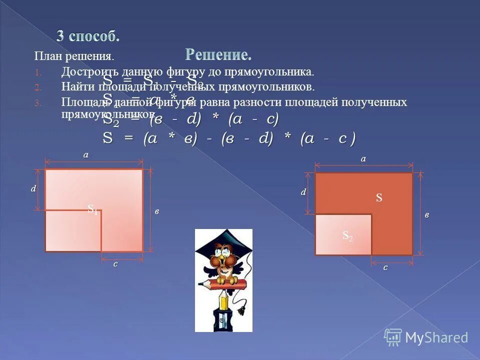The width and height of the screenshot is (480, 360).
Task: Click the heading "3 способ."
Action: (x=88, y=36)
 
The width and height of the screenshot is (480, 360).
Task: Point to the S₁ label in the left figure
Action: (x=92, y=209)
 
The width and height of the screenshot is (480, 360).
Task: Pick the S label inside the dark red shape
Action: (x=379, y=198)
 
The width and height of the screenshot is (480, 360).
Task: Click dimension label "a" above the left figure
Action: (x=85, y=155)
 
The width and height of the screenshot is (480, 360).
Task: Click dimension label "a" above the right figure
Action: (x=363, y=158)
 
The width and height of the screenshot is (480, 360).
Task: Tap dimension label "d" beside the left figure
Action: (x=33, y=189)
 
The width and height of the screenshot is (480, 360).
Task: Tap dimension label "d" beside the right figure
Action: (x=303, y=192)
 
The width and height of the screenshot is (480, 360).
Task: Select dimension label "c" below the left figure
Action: (x=115, y=264)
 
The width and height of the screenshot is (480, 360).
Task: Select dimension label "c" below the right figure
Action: (x=385, y=267)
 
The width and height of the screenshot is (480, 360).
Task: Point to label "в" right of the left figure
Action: (x=156, y=211)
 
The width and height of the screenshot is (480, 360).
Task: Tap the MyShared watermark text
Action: (x=436, y=337)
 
